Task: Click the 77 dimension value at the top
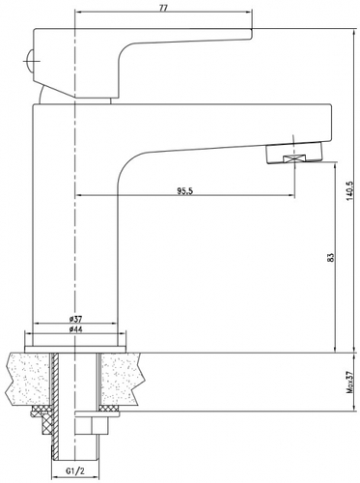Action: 163,9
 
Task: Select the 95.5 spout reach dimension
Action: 184,191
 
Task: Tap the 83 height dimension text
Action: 332,257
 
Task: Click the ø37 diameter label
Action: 74,319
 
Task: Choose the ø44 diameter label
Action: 74,329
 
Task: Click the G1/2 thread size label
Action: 75,471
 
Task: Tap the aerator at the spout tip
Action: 293,154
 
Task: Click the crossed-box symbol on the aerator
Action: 293,158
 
